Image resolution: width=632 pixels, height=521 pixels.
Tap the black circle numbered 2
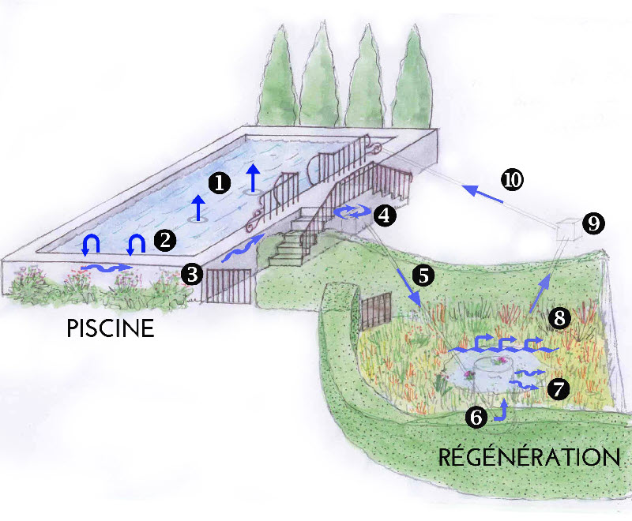tap(164, 240)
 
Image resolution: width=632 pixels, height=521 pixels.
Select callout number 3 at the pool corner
tap(190, 274)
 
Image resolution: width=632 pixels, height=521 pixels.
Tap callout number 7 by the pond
tap(558, 388)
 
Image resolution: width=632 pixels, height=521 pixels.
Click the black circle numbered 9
tap(594, 223)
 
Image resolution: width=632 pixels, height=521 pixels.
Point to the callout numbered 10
tap(512, 180)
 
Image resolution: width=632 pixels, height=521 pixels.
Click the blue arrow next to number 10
tap(481, 194)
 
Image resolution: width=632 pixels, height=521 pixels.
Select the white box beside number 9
tap(567, 229)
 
